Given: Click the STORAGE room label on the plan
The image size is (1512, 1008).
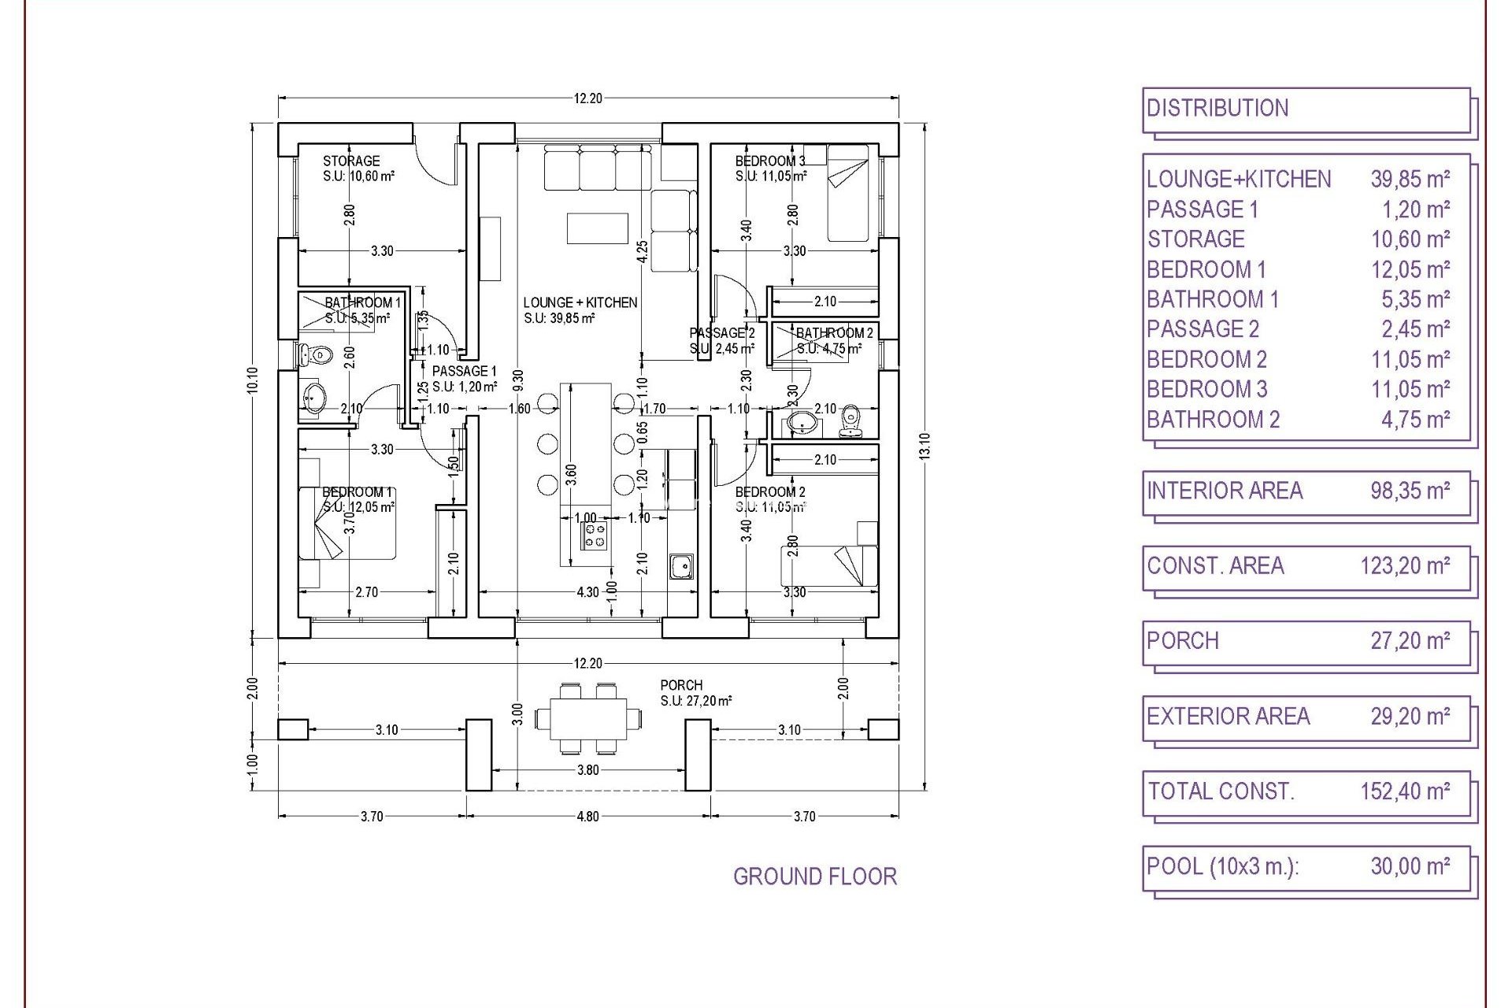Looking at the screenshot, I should [x=351, y=161].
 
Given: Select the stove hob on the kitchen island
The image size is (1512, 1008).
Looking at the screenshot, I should [x=596, y=535].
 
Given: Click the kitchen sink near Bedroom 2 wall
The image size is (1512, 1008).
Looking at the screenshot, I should [x=681, y=565].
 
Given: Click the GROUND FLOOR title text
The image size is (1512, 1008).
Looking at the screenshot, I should [x=814, y=876].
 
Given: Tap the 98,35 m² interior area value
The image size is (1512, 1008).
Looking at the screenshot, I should [x=1410, y=491].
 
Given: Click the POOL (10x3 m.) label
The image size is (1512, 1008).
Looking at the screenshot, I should [x=1222, y=866].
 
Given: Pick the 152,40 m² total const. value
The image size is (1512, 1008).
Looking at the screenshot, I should [x=1405, y=791].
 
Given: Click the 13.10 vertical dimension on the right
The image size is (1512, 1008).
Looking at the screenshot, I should [x=925, y=447].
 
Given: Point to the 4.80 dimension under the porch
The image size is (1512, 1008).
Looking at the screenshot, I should [x=588, y=817].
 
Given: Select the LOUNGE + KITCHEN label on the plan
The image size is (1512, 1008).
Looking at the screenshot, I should [x=580, y=302].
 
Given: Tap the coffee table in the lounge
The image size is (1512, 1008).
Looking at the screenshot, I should [x=597, y=228].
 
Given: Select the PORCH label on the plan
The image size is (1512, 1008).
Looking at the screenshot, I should [x=681, y=685].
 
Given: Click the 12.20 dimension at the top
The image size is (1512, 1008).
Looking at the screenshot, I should [x=588, y=98].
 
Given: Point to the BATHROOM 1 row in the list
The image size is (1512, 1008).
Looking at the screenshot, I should [x=1213, y=299].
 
